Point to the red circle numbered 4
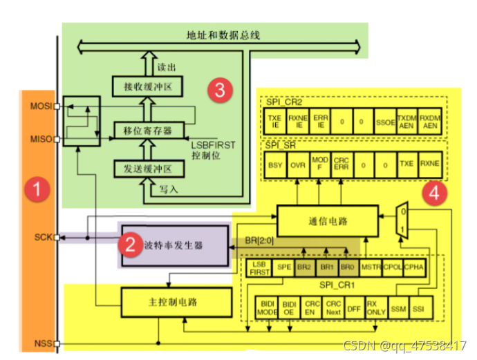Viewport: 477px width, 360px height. point(433,194)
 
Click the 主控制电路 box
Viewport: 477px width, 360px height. point(176,301)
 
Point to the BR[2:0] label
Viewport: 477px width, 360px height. point(259,243)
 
